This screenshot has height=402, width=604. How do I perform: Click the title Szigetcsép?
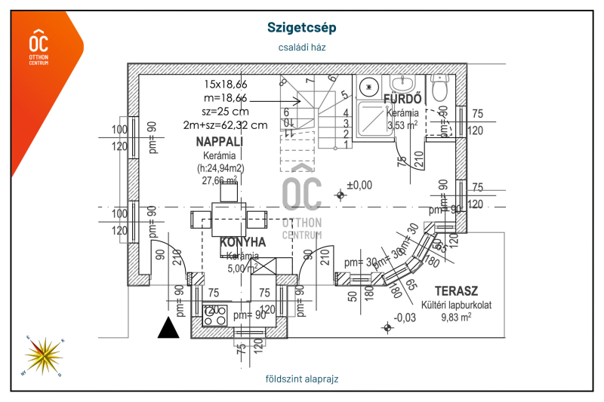[x=301, y=28]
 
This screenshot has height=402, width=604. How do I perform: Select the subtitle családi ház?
[x=301, y=47]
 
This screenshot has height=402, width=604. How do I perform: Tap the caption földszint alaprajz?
[x=302, y=379]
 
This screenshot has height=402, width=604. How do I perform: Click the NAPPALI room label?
[x=219, y=142]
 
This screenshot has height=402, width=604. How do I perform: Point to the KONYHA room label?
[x=242, y=243]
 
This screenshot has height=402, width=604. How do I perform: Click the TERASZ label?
[x=456, y=291]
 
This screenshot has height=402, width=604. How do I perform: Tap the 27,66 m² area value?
[x=219, y=181]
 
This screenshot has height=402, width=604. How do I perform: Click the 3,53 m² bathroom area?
[x=402, y=125]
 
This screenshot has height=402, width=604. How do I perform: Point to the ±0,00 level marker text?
[x=359, y=185]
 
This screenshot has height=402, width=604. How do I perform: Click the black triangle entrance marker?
[x=168, y=328]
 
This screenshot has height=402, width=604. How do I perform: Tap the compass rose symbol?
[x=45, y=355]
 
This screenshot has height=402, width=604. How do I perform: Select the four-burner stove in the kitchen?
[x=214, y=315]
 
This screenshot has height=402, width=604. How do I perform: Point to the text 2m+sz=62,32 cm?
[x=225, y=125]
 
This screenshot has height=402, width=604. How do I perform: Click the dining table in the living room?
[x=227, y=219]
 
